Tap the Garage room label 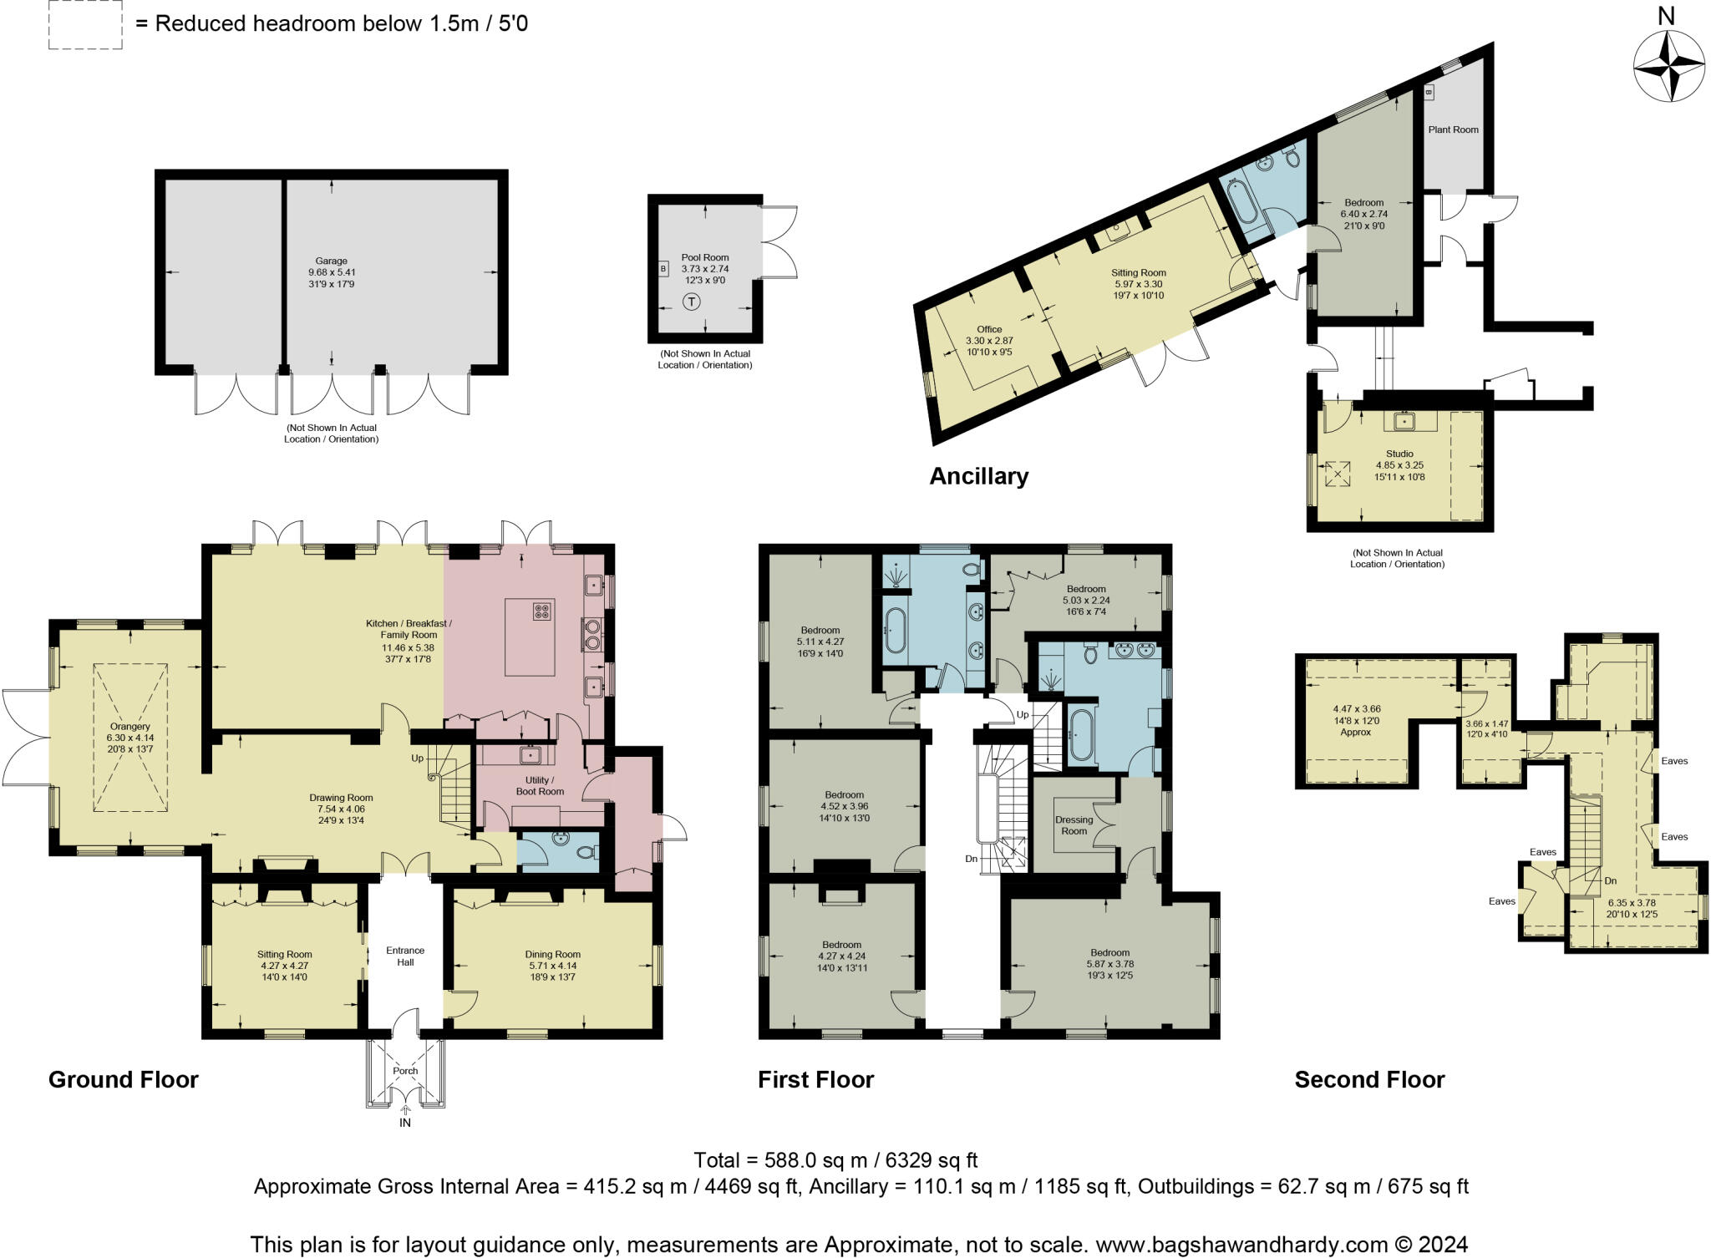point(332,261)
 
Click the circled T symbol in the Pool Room point(692,302)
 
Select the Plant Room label point(1453,129)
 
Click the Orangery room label point(129,727)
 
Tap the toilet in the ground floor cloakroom point(587,852)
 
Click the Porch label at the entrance point(405,1071)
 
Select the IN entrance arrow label point(405,1122)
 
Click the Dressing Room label point(1074,825)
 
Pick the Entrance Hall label point(405,956)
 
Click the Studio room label point(1399,454)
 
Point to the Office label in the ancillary point(989,329)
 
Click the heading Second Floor point(1369,1079)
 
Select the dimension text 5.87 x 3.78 point(1109,964)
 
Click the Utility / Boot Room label point(539,785)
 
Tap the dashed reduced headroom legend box point(85,25)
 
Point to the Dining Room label point(552,954)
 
